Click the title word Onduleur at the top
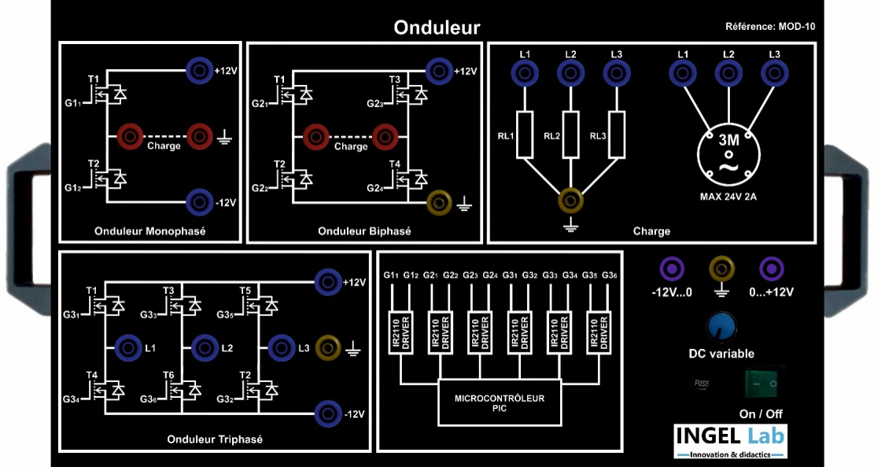(x=437, y=28)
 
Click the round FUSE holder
(x=699, y=384)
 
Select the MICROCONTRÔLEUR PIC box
(x=499, y=403)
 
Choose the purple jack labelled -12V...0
(x=671, y=269)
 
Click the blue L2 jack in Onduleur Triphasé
(x=204, y=346)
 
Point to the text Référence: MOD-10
(x=770, y=27)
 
